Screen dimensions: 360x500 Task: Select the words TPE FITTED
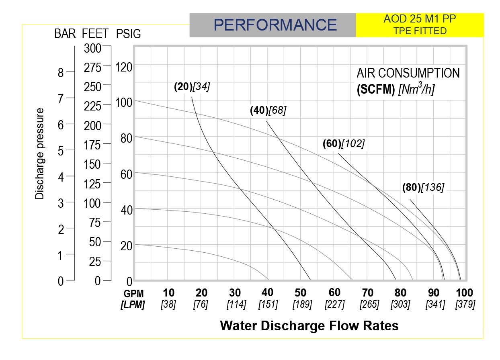point(420,31)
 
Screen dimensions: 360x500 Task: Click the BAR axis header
point(65,34)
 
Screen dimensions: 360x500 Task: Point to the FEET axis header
point(95,34)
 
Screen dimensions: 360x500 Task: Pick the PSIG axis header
point(128,34)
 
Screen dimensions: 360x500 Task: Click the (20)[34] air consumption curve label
point(192,87)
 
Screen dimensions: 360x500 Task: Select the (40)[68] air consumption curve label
point(268,110)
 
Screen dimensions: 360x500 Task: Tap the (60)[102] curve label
point(343,144)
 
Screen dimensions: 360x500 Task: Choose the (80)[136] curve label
point(423,188)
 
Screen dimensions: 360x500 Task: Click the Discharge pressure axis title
point(39,153)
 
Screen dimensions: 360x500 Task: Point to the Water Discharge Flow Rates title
point(309,325)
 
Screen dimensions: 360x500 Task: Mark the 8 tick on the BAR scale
point(60,73)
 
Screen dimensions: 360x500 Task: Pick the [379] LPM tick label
point(465,305)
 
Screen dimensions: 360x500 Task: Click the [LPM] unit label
point(133,305)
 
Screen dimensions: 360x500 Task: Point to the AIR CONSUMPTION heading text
point(408,73)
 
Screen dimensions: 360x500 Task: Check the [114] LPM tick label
point(236,305)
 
